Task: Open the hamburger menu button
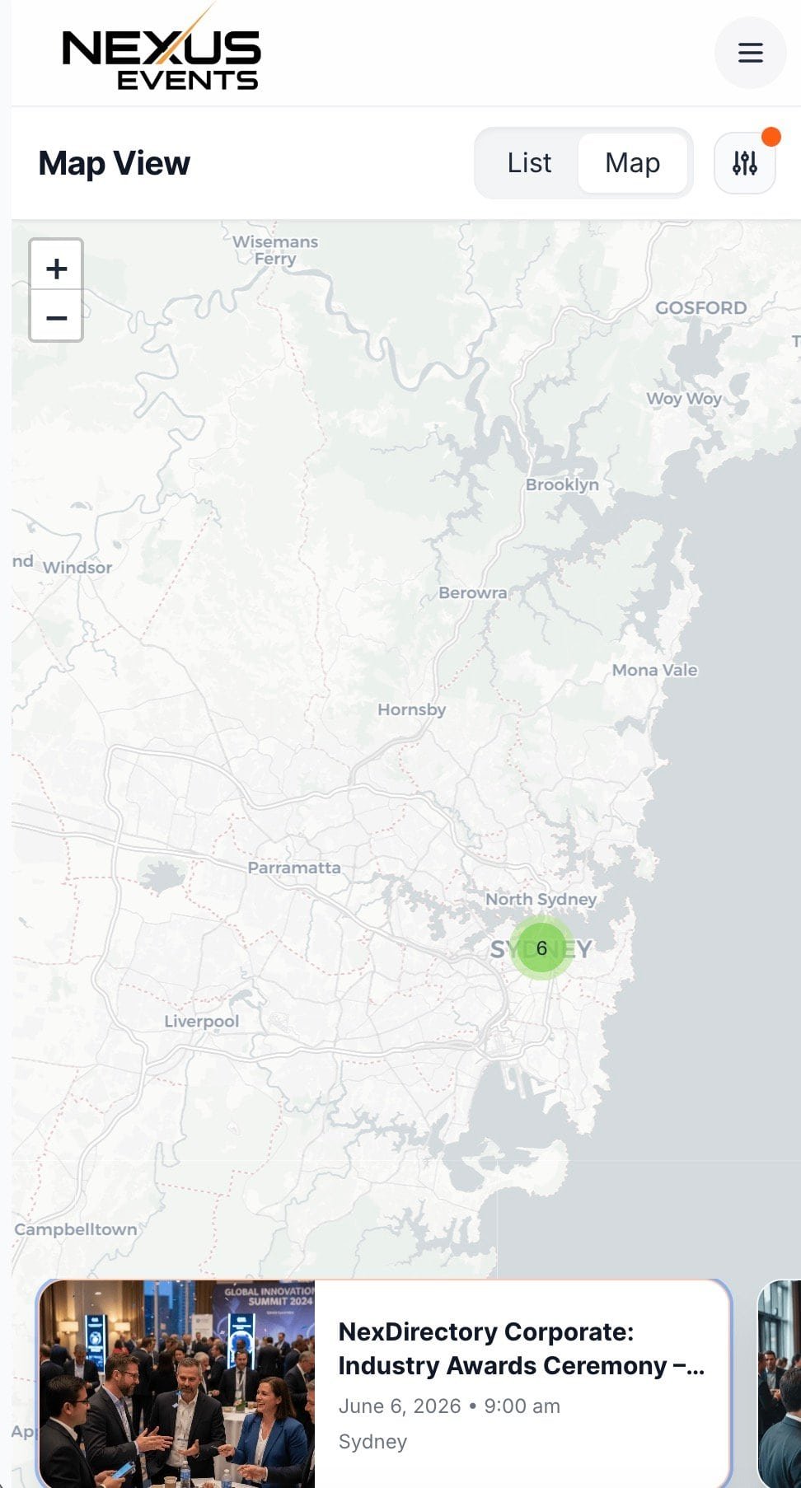point(750,54)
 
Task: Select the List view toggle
point(529,163)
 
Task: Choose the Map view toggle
point(632,163)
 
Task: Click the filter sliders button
point(745,163)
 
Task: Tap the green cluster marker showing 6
point(541,948)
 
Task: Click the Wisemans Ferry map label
point(275,250)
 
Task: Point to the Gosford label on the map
point(700,308)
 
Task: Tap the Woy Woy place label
point(684,399)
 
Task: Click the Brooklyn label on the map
point(562,484)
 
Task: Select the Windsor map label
point(77,568)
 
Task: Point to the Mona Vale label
point(654,671)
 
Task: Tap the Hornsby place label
point(411,709)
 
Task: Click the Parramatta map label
point(294,868)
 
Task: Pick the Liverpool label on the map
point(202,1022)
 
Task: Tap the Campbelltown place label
point(76,1229)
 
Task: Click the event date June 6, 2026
point(400,1406)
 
